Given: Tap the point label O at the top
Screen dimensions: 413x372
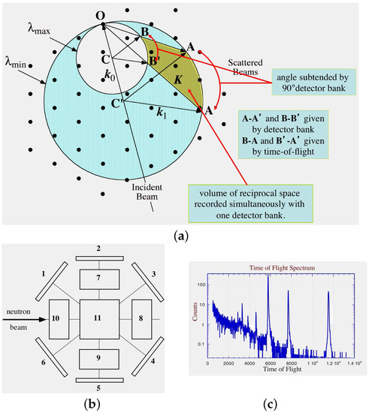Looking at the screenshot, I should click(99, 14).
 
